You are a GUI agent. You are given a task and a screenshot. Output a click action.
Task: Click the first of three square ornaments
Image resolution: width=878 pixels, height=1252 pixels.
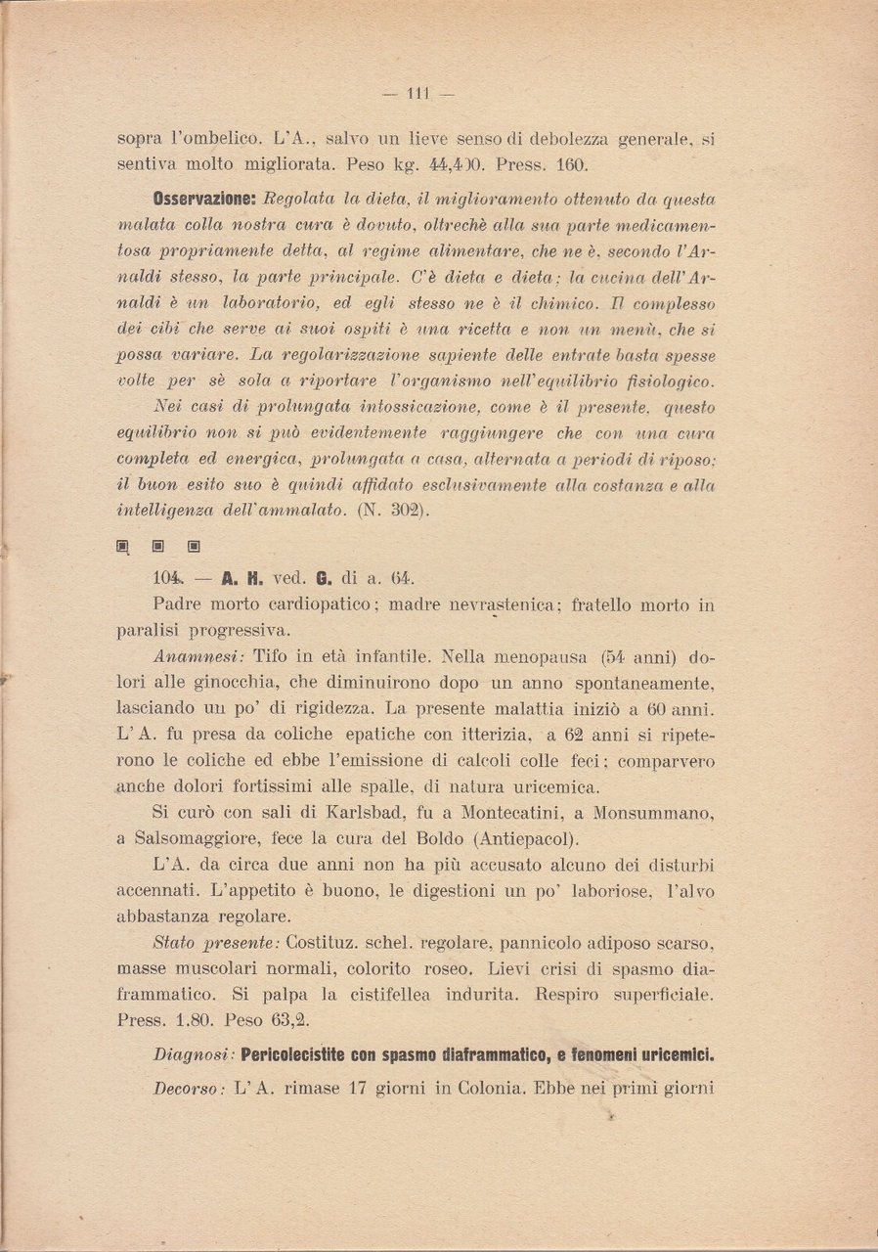[x=123, y=546]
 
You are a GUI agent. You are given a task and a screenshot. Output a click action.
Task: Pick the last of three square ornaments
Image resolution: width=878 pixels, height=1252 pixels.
[x=194, y=546]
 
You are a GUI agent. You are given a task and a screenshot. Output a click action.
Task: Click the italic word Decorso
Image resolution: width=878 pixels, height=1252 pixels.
[x=190, y=1087]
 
